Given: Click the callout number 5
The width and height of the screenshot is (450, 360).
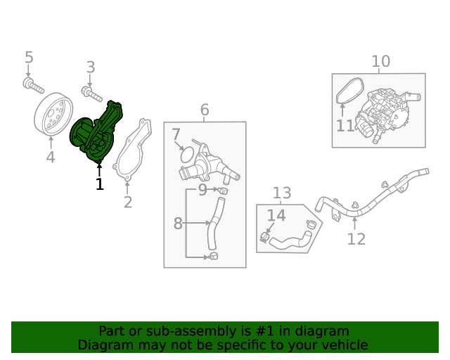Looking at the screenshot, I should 29,57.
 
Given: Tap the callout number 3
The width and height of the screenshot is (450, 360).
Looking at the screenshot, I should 90,67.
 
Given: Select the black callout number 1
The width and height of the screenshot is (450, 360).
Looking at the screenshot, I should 99,184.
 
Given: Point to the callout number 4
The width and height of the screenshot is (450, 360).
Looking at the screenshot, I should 50,157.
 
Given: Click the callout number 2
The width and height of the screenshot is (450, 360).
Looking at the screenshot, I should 127,202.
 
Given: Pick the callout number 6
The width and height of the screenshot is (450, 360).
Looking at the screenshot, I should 205,110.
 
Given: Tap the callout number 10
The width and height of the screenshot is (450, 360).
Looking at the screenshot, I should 380,61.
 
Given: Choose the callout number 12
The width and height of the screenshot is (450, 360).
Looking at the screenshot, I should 356,239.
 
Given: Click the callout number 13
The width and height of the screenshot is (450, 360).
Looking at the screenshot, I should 282,193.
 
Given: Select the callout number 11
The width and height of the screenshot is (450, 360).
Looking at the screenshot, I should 345,126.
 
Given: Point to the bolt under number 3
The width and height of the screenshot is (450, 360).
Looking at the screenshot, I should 92,91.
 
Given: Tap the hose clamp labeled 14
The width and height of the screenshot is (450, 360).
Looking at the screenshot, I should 266,237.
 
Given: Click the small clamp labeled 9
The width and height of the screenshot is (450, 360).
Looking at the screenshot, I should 224,190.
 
